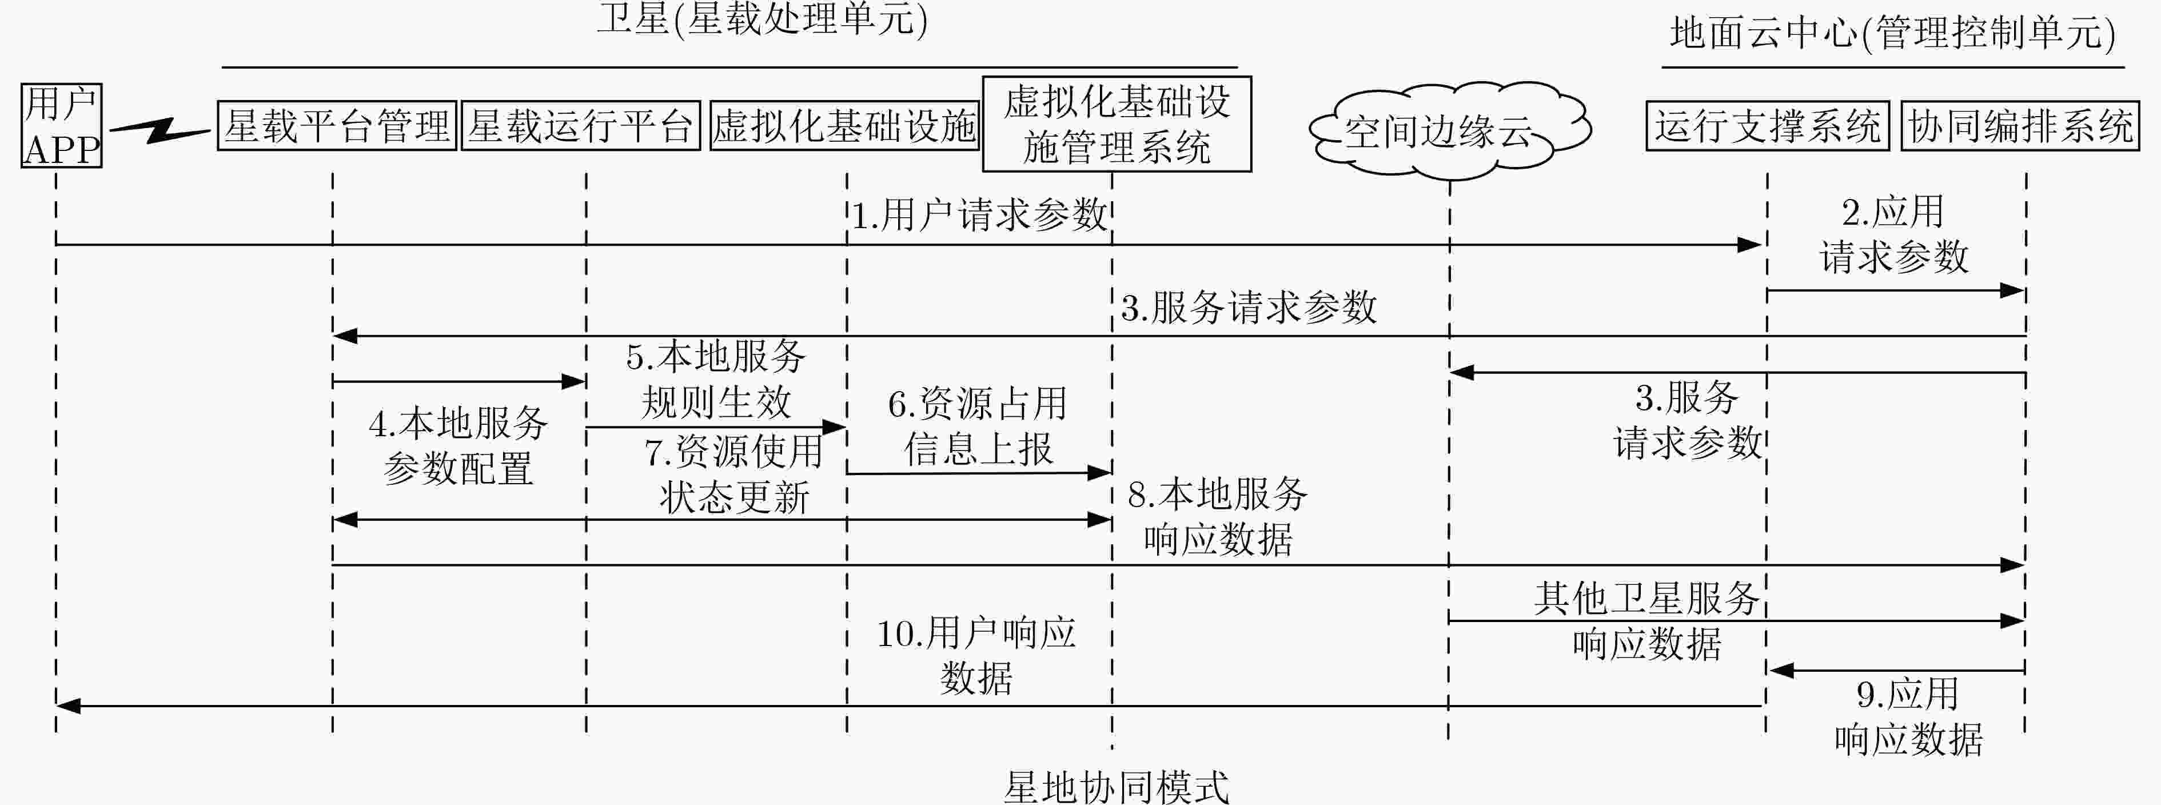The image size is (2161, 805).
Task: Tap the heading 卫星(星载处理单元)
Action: (x=763, y=18)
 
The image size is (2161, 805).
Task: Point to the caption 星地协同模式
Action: (x=1117, y=787)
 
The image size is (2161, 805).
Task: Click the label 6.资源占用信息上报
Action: (x=978, y=426)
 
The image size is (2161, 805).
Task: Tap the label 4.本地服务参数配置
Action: (x=458, y=446)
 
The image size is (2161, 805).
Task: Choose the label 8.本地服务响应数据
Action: (x=1218, y=516)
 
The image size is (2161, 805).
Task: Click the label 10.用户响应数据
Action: (x=976, y=656)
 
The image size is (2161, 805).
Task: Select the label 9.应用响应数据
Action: (x=1908, y=717)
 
